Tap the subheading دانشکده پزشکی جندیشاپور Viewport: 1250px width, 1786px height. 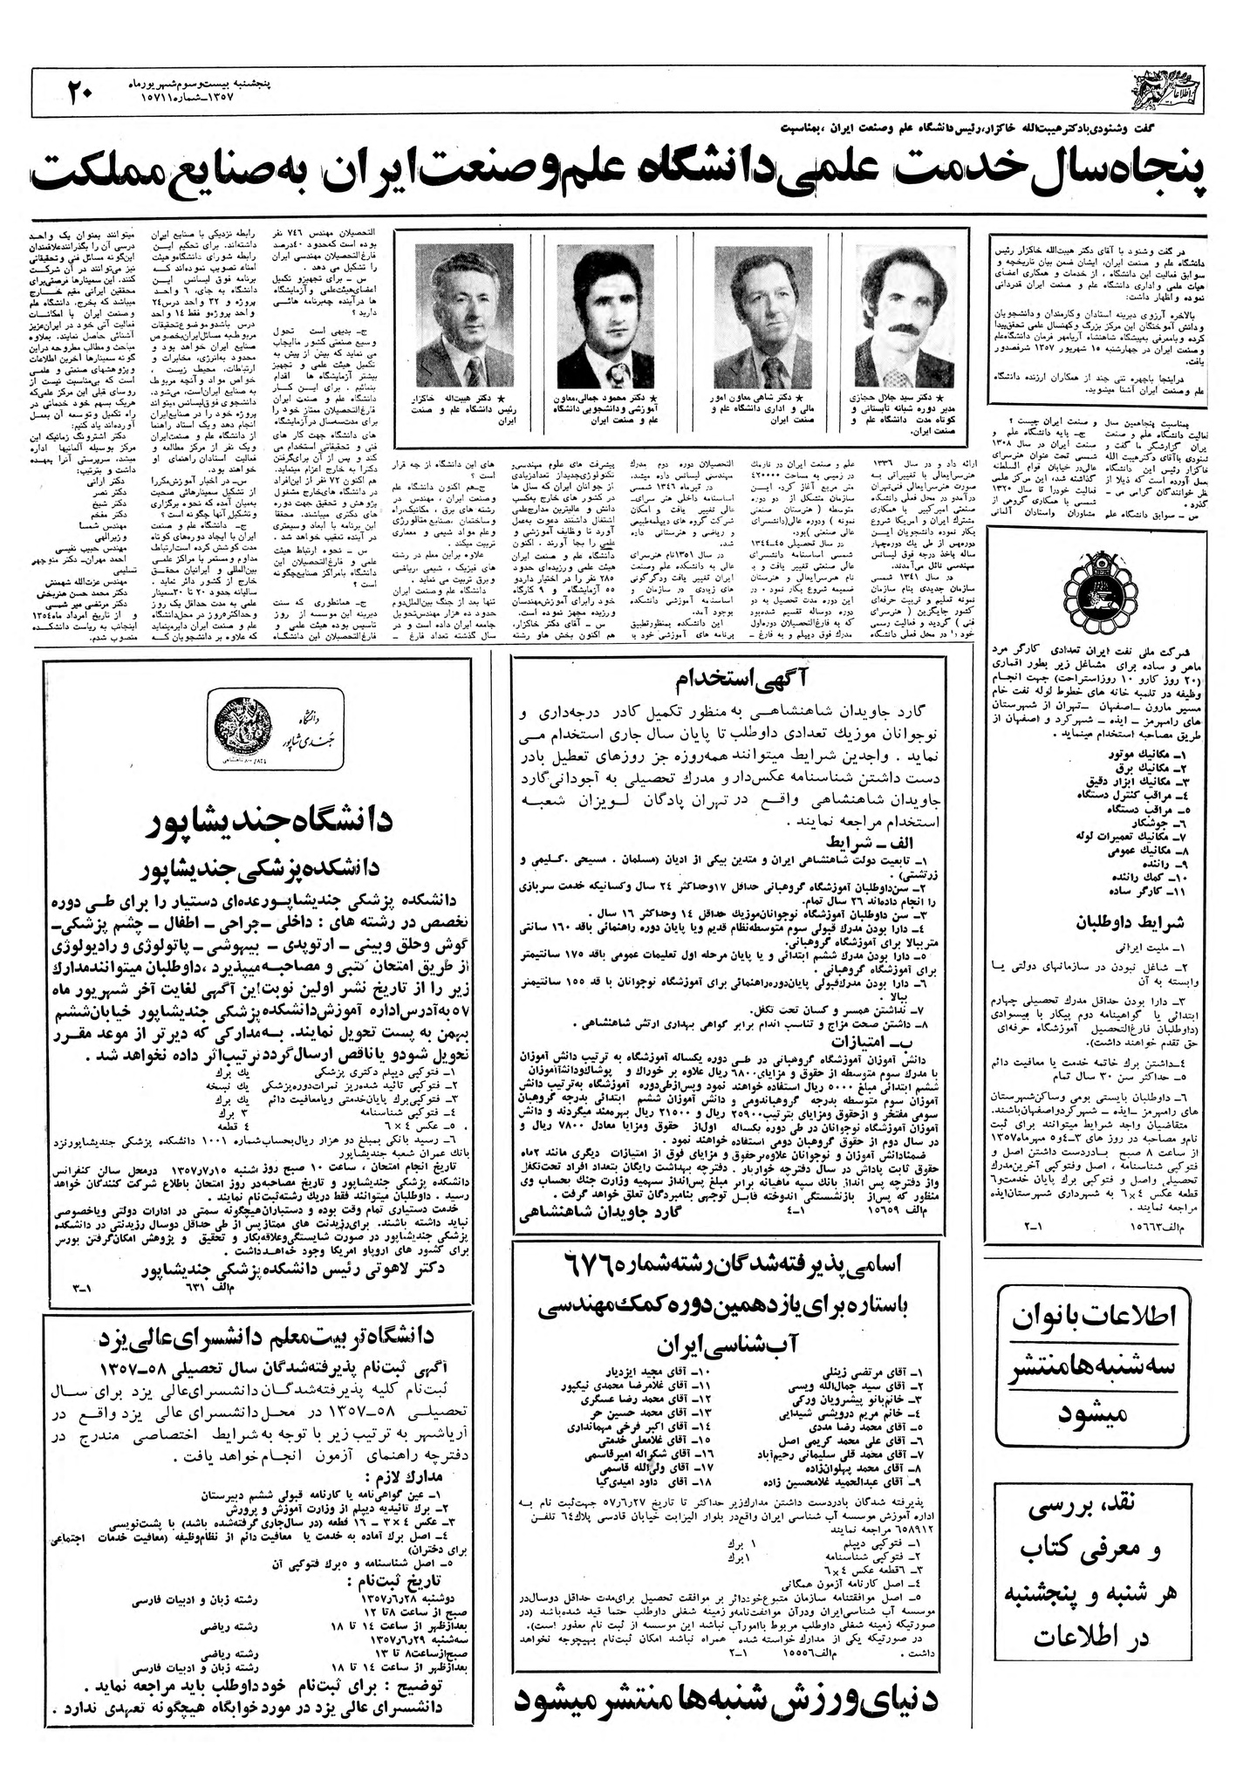tap(262, 867)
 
